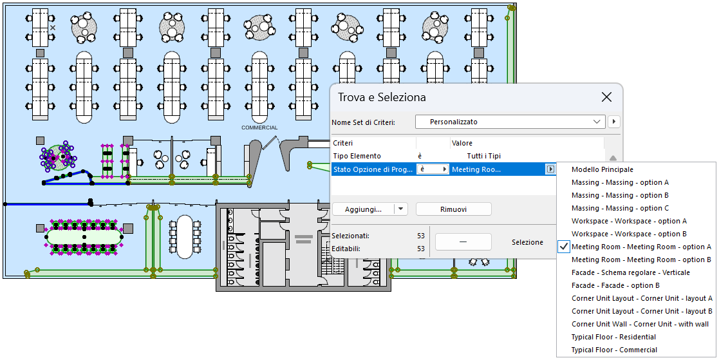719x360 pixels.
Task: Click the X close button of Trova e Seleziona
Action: tap(606, 97)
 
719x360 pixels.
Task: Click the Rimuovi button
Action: tap(454, 209)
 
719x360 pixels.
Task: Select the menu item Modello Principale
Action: tap(602, 169)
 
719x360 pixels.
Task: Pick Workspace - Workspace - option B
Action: tap(629, 234)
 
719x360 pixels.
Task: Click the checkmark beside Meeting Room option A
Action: tap(564, 247)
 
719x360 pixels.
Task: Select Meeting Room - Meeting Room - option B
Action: tap(641, 260)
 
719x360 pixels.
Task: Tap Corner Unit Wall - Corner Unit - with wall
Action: tap(640, 324)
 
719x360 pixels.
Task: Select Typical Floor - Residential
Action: tap(613, 337)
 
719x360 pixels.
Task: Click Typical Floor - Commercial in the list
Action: tap(614, 350)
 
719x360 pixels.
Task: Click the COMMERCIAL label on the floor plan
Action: tap(259, 128)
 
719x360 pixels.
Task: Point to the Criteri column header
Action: tap(343, 143)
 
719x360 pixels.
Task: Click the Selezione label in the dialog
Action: tap(527, 242)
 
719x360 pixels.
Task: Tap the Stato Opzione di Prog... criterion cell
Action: tap(373, 169)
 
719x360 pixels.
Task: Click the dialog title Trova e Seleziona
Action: tap(382, 97)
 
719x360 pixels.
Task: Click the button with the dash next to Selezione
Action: tap(463, 242)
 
